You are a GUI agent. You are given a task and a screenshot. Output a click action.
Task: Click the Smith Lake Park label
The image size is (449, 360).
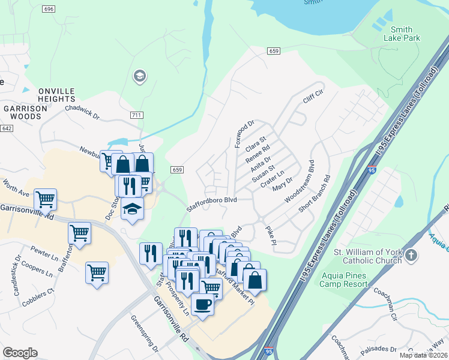point(402,34)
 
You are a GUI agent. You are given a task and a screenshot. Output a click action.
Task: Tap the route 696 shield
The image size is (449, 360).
point(49,9)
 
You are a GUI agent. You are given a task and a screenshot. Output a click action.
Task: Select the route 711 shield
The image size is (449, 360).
point(136,114)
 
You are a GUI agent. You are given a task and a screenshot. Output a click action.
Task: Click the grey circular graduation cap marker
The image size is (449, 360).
point(139,76)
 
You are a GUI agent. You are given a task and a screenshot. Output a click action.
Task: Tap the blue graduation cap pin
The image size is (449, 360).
point(132,209)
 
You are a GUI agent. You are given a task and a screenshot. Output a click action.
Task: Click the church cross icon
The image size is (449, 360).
point(411,255)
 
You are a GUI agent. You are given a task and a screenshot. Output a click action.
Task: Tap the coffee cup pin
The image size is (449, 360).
point(202,305)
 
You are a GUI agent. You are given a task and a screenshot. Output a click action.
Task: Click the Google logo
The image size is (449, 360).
point(20,353)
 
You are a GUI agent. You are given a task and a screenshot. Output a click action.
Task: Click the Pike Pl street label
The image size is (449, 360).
point(271,235)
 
